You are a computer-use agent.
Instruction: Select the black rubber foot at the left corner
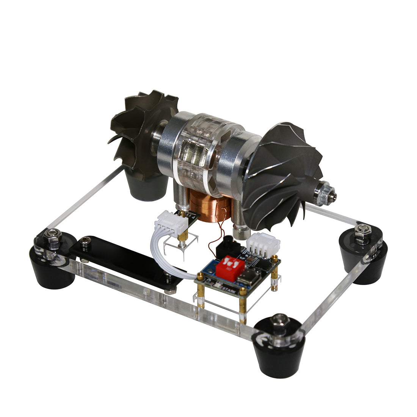tap(53, 267)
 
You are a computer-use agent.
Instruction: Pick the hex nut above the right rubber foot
tap(362, 230)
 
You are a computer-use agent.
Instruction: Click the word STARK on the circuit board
tap(229, 290)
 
